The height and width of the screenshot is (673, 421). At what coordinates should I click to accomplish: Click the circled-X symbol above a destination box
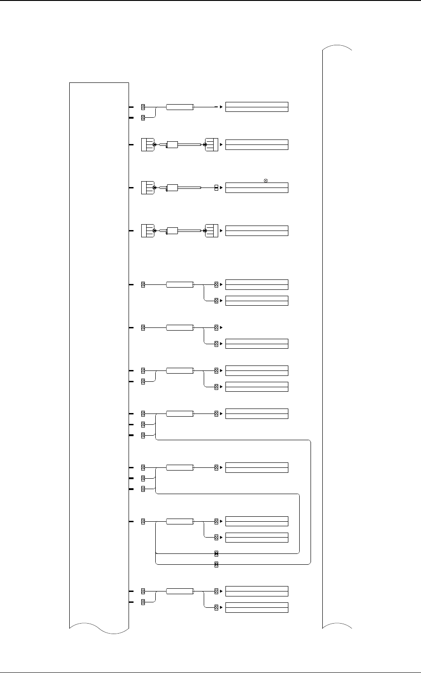click(x=266, y=181)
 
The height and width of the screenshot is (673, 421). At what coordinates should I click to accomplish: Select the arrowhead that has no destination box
click(x=221, y=327)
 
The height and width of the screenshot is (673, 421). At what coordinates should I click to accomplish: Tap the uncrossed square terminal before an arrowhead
click(x=216, y=187)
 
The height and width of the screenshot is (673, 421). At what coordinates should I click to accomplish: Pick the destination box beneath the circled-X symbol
click(x=257, y=187)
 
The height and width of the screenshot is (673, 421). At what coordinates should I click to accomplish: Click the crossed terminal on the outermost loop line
click(x=216, y=564)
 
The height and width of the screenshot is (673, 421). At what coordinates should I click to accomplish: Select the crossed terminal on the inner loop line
click(x=216, y=553)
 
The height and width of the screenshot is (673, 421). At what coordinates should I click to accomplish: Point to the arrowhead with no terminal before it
click(x=221, y=107)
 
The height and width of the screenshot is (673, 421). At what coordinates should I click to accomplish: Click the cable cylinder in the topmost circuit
click(x=180, y=107)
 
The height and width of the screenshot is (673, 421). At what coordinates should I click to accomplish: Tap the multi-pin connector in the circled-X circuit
click(x=148, y=187)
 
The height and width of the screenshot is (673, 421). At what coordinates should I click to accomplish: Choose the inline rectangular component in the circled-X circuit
click(x=172, y=187)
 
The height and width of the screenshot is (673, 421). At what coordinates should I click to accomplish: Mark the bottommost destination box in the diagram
click(x=257, y=607)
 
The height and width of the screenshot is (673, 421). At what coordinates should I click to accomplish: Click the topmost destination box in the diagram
click(x=257, y=107)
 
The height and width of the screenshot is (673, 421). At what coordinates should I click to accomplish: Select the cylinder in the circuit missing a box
click(x=180, y=327)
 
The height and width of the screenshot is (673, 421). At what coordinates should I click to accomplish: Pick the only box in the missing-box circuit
click(x=257, y=344)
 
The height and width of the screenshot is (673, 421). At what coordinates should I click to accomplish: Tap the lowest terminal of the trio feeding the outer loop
click(x=143, y=435)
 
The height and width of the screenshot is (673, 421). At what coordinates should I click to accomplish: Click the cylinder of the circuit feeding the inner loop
click(x=180, y=467)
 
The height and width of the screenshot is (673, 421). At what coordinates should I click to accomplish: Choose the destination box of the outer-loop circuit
click(x=257, y=413)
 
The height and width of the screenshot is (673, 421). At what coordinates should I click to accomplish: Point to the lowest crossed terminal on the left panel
click(x=143, y=602)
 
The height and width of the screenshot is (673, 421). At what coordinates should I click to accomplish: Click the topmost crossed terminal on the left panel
click(x=143, y=107)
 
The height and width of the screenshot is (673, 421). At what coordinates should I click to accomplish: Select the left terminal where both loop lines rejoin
click(x=143, y=521)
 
